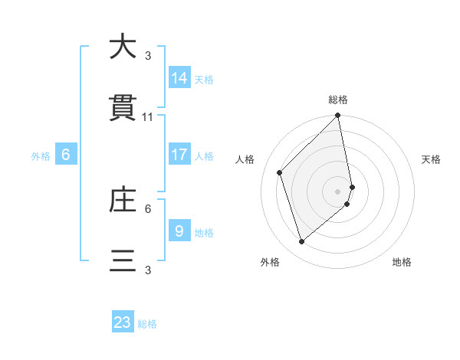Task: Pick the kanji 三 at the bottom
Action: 123,262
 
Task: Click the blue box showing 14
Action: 179,78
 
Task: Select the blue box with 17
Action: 179,155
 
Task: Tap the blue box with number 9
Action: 179,231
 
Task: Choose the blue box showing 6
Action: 66,155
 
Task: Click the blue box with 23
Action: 123,322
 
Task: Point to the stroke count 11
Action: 148,117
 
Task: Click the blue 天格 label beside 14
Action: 204,80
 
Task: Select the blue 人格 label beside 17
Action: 204,156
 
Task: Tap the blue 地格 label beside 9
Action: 204,233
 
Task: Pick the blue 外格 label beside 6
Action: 41,156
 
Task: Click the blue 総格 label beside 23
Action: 147,324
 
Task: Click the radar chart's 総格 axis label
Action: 338,100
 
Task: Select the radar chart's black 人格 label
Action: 245,159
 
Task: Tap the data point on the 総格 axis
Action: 338,116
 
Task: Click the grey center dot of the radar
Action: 338,190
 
